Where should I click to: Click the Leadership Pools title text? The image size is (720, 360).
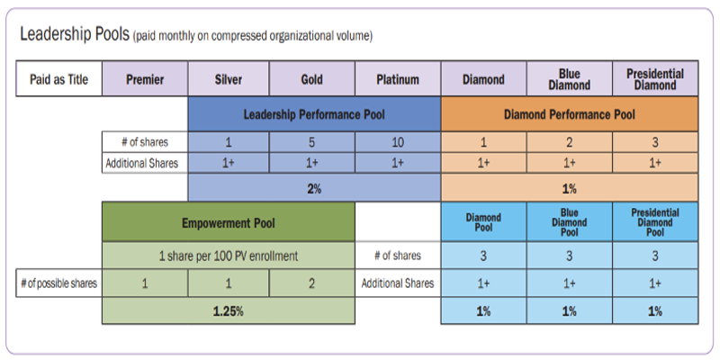[75, 35]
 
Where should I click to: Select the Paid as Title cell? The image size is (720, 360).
[58, 79]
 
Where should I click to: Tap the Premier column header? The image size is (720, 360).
[145, 79]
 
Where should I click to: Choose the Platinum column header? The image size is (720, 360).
[398, 79]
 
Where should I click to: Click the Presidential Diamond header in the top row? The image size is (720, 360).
[654, 79]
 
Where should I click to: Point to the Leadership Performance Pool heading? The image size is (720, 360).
[314, 114]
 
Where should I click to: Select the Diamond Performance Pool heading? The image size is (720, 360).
[569, 114]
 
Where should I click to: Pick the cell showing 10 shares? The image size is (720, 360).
[398, 142]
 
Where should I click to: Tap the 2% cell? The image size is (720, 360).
[314, 189]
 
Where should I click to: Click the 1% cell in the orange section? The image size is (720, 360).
[569, 189]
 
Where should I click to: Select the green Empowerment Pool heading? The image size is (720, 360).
[229, 222]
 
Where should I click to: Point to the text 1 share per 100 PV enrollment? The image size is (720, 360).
[229, 256]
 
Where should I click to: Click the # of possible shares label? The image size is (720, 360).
[59, 283]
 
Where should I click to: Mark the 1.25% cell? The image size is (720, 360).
[229, 310]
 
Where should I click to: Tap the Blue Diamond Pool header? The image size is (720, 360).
[569, 222]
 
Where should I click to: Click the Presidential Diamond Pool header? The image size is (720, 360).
[654, 222]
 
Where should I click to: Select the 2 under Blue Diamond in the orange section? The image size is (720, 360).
[569, 142]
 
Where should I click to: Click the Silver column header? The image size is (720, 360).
[229, 79]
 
